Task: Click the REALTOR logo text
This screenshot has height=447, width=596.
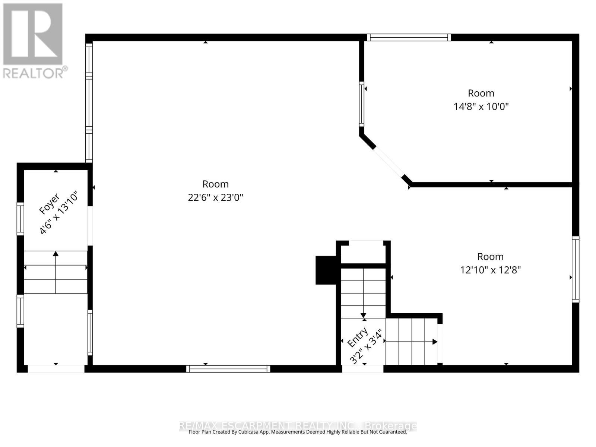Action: click(x=35, y=73)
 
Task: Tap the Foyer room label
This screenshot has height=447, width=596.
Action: click(x=49, y=204)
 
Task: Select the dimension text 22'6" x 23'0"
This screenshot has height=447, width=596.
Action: click(x=215, y=197)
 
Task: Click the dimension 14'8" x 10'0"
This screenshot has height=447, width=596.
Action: click(x=481, y=107)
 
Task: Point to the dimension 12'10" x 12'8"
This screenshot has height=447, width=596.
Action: click(x=490, y=270)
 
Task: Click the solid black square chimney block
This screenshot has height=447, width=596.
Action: click(x=326, y=270)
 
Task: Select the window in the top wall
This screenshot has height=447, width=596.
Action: click(x=409, y=37)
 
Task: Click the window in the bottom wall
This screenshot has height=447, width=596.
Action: click(x=228, y=369)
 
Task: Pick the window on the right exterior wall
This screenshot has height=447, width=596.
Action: click(x=576, y=269)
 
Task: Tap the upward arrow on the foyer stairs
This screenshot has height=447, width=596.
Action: click(x=56, y=254)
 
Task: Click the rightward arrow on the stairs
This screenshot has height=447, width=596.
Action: click(x=434, y=342)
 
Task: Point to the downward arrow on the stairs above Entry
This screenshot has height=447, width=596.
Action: click(x=363, y=316)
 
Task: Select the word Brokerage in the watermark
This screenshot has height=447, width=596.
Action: click(x=391, y=426)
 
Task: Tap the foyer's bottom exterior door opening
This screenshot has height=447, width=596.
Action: click(x=56, y=369)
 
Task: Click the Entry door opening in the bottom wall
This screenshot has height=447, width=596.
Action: click(x=362, y=369)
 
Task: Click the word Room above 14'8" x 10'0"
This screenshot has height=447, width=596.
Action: click(x=481, y=93)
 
